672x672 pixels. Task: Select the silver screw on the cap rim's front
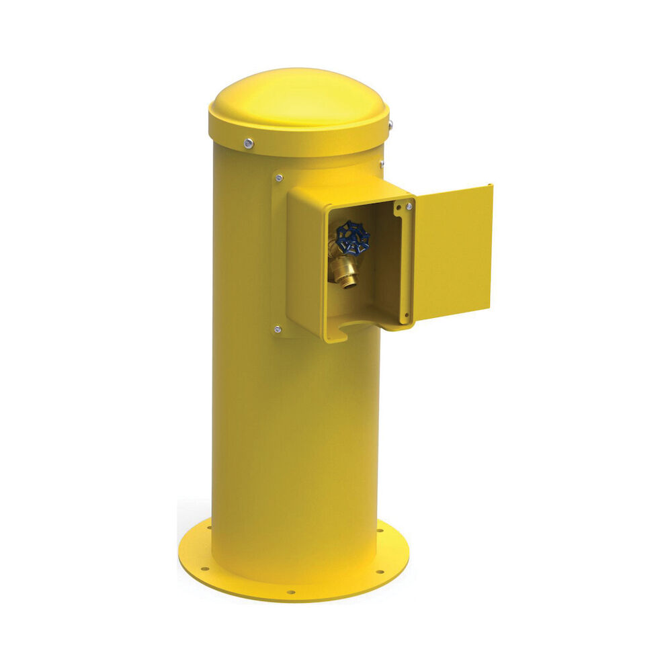[249, 142]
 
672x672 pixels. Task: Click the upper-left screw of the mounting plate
[278, 178]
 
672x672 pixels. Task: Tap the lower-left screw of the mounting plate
[277, 329]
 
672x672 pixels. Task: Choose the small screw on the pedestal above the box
[381, 163]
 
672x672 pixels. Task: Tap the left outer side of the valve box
[306, 265]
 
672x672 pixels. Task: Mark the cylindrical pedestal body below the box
[296, 457]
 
